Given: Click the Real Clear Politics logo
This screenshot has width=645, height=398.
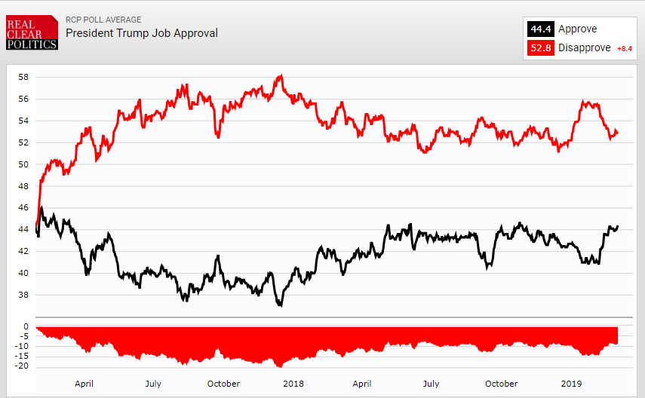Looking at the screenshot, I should tap(32, 33).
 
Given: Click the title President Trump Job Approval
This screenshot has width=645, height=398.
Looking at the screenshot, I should tap(142, 33).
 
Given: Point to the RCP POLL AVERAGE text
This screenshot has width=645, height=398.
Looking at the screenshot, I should tap(103, 20).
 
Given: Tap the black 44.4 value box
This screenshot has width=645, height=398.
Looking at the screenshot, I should tap(540, 29).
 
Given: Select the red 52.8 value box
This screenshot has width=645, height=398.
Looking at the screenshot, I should tap(540, 48).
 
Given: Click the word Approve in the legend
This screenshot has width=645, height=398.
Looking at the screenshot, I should tap(577, 29).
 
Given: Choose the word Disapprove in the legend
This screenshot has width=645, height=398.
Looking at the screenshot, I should tap(585, 48).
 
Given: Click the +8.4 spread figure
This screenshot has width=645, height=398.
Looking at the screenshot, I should tap(625, 49).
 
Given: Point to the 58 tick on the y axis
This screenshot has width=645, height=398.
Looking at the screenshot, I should tap(23, 77).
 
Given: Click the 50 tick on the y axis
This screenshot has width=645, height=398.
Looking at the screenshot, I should tap(23, 164).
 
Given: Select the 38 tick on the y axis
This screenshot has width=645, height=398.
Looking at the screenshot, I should tap(23, 295).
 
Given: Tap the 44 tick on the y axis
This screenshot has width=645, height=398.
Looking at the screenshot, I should tap(23, 229).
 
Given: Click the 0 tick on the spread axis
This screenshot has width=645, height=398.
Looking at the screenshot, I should tap(26, 327).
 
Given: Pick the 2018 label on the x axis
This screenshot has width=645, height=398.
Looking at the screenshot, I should tap(293, 384).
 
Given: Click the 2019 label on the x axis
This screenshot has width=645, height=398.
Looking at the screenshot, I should tap(572, 384).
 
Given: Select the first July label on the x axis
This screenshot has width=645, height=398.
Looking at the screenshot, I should tap(153, 384).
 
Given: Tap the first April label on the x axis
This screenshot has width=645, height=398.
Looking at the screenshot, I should tap(84, 384).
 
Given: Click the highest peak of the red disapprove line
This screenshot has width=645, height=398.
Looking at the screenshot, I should tap(281, 75).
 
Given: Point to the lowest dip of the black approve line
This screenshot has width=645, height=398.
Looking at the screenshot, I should tap(280, 305).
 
